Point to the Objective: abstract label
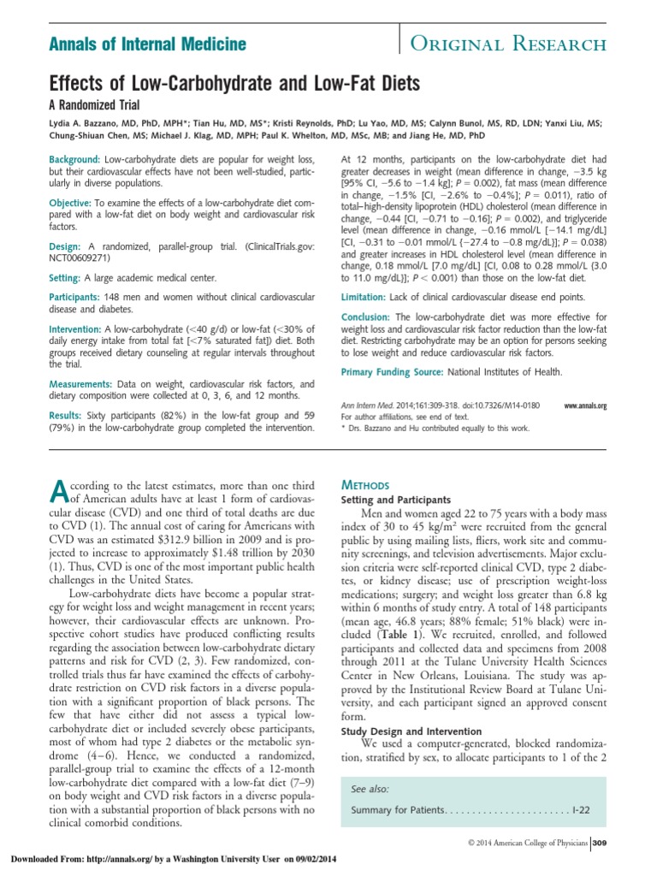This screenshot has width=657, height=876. (71, 201)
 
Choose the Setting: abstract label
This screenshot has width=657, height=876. (66, 278)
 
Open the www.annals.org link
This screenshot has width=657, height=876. (585, 406)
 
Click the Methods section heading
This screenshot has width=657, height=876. (365, 484)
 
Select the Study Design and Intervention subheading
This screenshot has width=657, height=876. (411, 731)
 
